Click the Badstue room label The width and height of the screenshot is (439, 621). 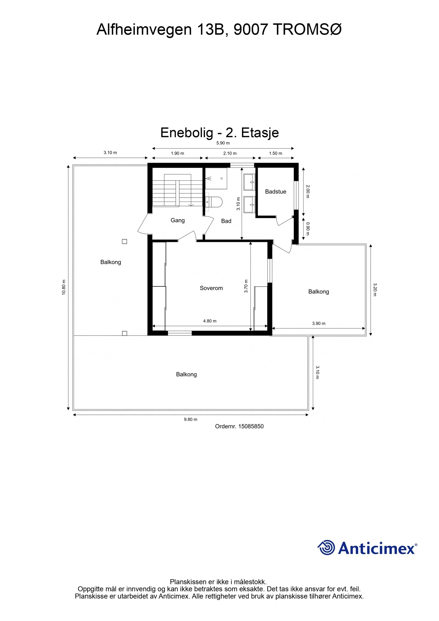275,192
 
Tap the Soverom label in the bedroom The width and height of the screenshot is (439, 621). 211,288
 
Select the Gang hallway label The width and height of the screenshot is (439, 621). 178,220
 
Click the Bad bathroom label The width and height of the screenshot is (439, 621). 226,221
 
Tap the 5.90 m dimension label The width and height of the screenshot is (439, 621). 223,143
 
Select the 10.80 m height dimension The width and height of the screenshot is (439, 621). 64,287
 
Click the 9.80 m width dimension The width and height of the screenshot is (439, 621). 191,419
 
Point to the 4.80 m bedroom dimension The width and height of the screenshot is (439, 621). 210,321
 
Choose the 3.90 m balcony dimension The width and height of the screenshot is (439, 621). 319,324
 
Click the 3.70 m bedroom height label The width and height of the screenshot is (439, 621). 246,286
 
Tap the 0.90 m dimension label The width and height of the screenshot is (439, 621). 308,229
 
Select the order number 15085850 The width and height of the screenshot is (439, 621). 251,426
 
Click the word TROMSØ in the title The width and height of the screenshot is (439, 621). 308,29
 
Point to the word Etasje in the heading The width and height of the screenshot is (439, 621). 260,133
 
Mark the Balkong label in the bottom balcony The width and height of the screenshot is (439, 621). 187,375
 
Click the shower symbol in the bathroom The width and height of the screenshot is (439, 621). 209,179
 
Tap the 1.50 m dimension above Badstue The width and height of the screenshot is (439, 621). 275,153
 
